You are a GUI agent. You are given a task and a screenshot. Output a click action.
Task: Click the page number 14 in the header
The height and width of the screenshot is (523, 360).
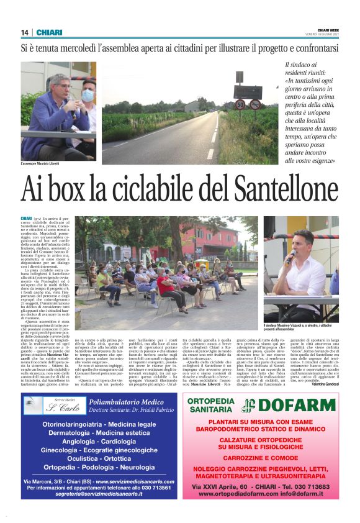(24, 32)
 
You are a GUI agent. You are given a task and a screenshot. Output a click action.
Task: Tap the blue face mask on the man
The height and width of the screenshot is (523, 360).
(88, 95)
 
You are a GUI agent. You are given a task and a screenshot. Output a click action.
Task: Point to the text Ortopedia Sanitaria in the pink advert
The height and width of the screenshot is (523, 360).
(211, 406)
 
